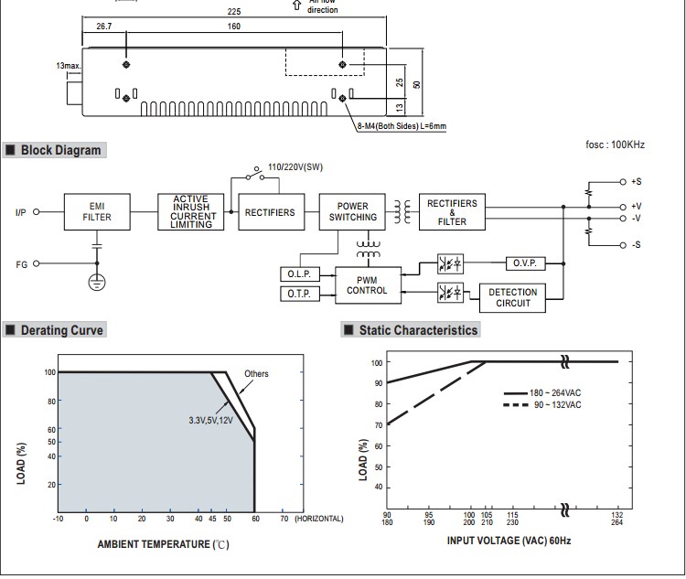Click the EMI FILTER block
click(97, 212)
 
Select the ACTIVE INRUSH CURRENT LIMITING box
click(191, 212)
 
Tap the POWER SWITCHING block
click(352, 212)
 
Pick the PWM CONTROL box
click(368, 285)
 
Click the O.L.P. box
click(300, 274)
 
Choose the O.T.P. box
click(300, 294)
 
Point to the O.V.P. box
click(525, 263)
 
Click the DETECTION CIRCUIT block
click(512, 298)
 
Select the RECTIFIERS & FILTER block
click(452, 212)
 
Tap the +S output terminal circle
click(623, 182)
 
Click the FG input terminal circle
click(37, 263)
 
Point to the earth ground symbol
click(97, 283)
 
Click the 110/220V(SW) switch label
click(295, 167)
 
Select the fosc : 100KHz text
click(616, 145)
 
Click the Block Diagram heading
click(60, 150)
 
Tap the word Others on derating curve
click(256, 374)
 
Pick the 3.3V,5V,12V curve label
click(211, 421)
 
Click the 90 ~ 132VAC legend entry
click(542, 405)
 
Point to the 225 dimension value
click(234, 12)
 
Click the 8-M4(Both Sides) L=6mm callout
click(402, 126)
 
